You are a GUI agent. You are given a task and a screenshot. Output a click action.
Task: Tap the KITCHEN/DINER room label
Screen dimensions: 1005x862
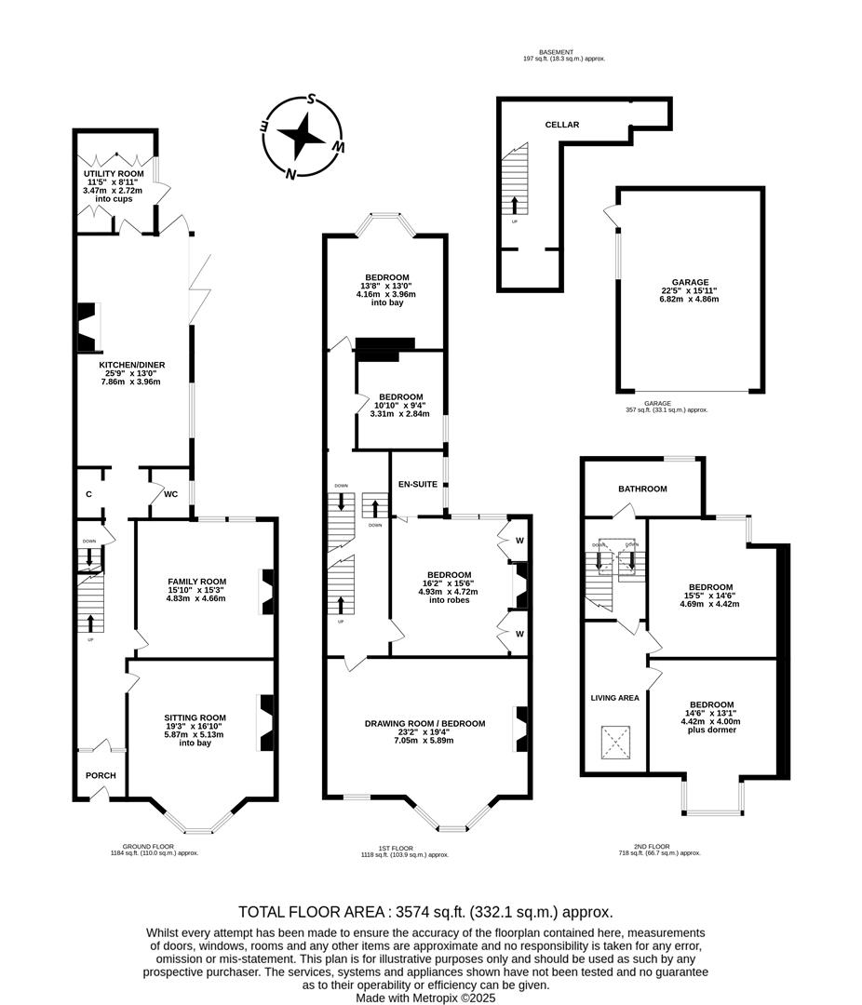click(130, 365)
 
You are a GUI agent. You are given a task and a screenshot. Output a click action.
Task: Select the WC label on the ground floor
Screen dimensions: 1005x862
click(170, 493)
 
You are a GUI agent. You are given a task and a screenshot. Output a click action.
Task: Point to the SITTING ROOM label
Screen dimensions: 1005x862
click(195, 717)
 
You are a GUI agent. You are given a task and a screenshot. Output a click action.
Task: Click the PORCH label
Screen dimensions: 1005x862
click(94, 776)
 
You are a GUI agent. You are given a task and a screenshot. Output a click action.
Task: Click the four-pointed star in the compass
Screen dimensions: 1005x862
click(303, 137)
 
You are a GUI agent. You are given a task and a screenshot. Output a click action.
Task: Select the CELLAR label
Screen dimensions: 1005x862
click(562, 125)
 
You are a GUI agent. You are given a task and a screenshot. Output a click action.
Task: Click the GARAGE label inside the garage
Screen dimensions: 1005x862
click(690, 282)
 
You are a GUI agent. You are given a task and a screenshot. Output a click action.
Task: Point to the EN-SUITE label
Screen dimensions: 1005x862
click(417, 484)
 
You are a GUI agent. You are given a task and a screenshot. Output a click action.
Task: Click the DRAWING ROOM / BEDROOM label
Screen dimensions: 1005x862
click(424, 723)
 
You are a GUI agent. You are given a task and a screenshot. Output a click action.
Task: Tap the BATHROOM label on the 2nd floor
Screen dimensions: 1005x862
click(642, 489)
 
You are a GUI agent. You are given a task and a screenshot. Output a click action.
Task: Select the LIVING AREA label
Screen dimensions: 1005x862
click(613, 697)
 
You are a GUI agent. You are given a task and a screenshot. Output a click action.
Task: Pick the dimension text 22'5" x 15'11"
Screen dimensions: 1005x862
click(690, 290)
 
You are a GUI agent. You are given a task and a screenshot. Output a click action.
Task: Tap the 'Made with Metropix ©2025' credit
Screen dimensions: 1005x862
click(424, 997)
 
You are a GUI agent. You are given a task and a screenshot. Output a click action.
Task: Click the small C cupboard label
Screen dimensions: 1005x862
click(88, 493)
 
